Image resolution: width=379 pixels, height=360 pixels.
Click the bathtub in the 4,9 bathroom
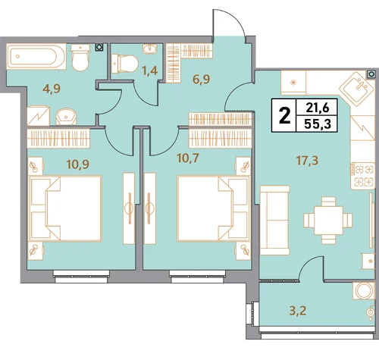click(x=36, y=56)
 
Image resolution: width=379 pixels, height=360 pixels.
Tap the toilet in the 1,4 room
click(x=124, y=63)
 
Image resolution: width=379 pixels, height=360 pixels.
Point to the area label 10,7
click(x=188, y=158)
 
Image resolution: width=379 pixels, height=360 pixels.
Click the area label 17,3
click(x=308, y=161)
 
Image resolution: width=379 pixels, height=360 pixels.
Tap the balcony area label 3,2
click(x=298, y=311)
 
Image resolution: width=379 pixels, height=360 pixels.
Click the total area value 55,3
click(x=318, y=124)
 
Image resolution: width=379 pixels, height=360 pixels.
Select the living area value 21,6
click(x=318, y=108)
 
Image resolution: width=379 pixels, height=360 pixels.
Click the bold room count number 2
click(x=284, y=116)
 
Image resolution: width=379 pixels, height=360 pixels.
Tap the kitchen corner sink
click(x=356, y=88)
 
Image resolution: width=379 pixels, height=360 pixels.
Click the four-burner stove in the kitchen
click(x=362, y=175)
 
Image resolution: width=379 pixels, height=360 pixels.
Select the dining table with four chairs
click(x=328, y=221)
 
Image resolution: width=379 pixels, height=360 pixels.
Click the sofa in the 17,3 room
click(x=274, y=221)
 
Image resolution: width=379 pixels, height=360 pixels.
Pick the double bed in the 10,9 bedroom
click(x=66, y=208)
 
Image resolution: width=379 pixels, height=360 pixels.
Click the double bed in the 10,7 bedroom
click(x=213, y=208)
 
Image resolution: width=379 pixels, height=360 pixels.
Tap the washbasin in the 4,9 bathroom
click(x=66, y=117)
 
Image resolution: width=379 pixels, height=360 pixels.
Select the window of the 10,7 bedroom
click(x=197, y=277)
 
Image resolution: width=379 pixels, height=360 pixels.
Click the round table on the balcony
click(x=363, y=290)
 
